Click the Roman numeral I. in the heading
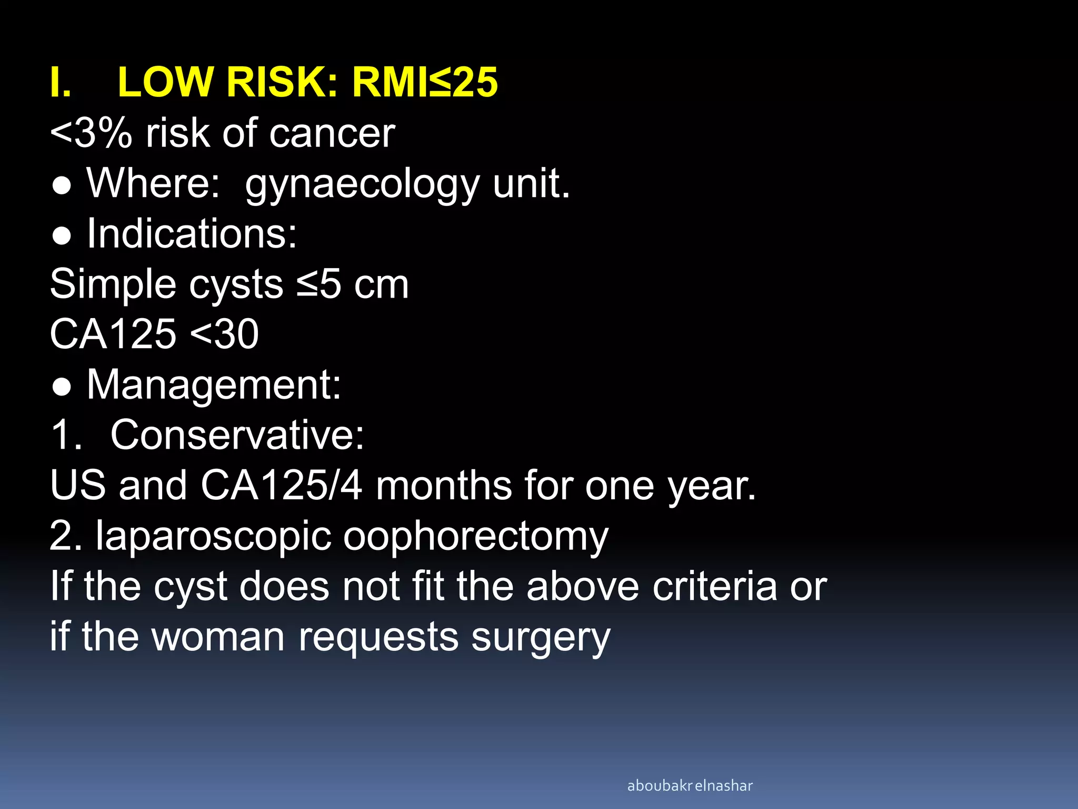pyautogui.click(x=61, y=83)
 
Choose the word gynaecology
pyautogui.click(x=362, y=184)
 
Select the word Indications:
pyautogui.click(x=192, y=233)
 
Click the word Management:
pyautogui.click(x=214, y=385)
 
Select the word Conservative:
pyautogui.click(x=237, y=435)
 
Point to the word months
pyautogui.click(x=443, y=486)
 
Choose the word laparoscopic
pyautogui.click(x=213, y=537)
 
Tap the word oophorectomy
pyautogui.click(x=476, y=537)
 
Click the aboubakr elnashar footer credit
pyautogui.click(x=690, y=786)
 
